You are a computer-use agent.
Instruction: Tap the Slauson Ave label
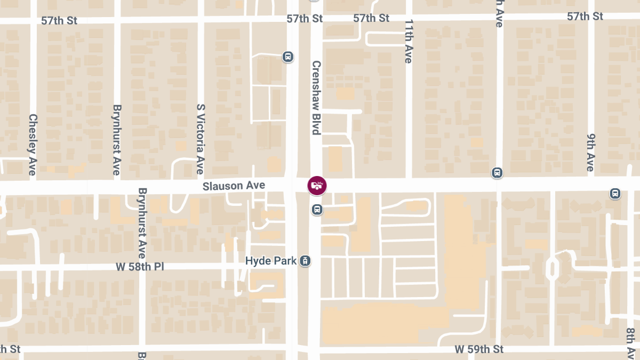(234, 186)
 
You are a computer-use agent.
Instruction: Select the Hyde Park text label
(270, 261)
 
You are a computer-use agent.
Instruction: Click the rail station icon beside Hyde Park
(305, 261)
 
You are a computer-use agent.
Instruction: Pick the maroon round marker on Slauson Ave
(317, 186)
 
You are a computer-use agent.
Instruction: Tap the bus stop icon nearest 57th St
(288, 56)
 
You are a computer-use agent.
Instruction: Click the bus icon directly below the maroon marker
(317, 209)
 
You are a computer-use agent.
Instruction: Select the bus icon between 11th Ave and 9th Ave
(497, 173)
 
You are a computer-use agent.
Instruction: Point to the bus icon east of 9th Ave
(615, 193)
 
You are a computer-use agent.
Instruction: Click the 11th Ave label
(409, 42)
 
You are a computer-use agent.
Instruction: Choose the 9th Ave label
(590, 152)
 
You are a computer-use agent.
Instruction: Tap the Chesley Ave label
(33, 145)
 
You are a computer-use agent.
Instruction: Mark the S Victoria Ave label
(201, 139)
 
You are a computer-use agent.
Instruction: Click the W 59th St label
(479, 349)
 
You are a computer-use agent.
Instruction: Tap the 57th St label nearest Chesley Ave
(59, 21)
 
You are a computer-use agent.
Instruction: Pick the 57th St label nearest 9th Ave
(585, 17)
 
